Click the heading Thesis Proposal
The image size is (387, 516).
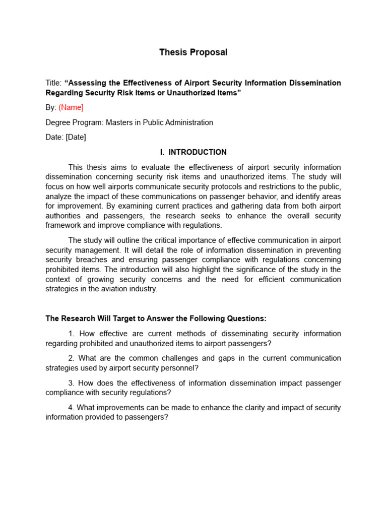pos(193,52)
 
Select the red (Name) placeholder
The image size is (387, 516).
pos(71,107)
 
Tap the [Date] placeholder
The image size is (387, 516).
pos(76,138)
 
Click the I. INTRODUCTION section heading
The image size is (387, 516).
pos(193,152)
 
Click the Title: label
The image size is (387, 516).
pos(53,83)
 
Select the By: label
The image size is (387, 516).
pos(51,107)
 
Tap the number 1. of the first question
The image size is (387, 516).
pos(71,334)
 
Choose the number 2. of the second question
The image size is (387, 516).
pos(71,358)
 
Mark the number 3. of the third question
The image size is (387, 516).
pos(71,383)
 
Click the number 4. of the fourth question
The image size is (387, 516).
pos(71,408)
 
